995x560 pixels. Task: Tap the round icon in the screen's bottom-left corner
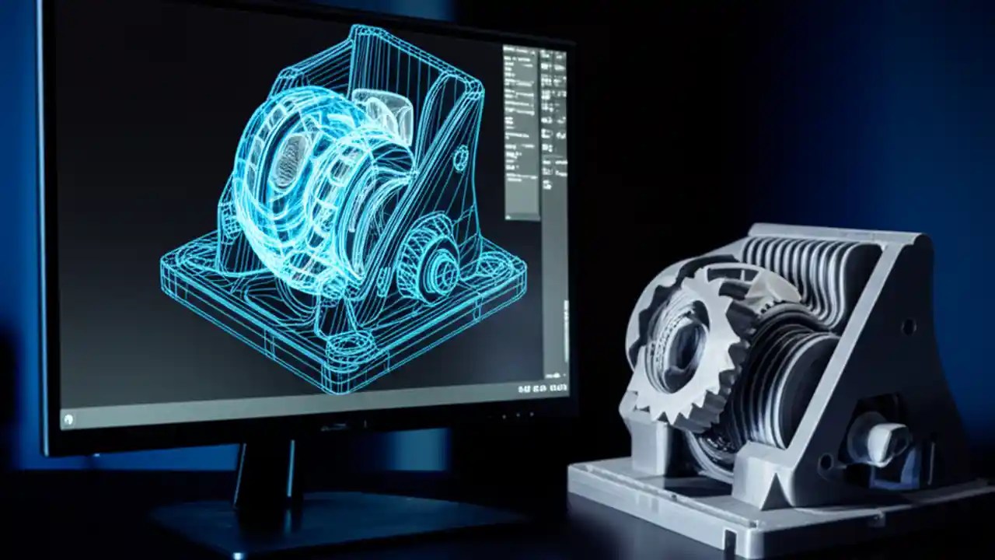68,419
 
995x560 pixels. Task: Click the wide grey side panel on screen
521,132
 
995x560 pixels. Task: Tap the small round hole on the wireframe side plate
460,159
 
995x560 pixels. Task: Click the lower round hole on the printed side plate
826,464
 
